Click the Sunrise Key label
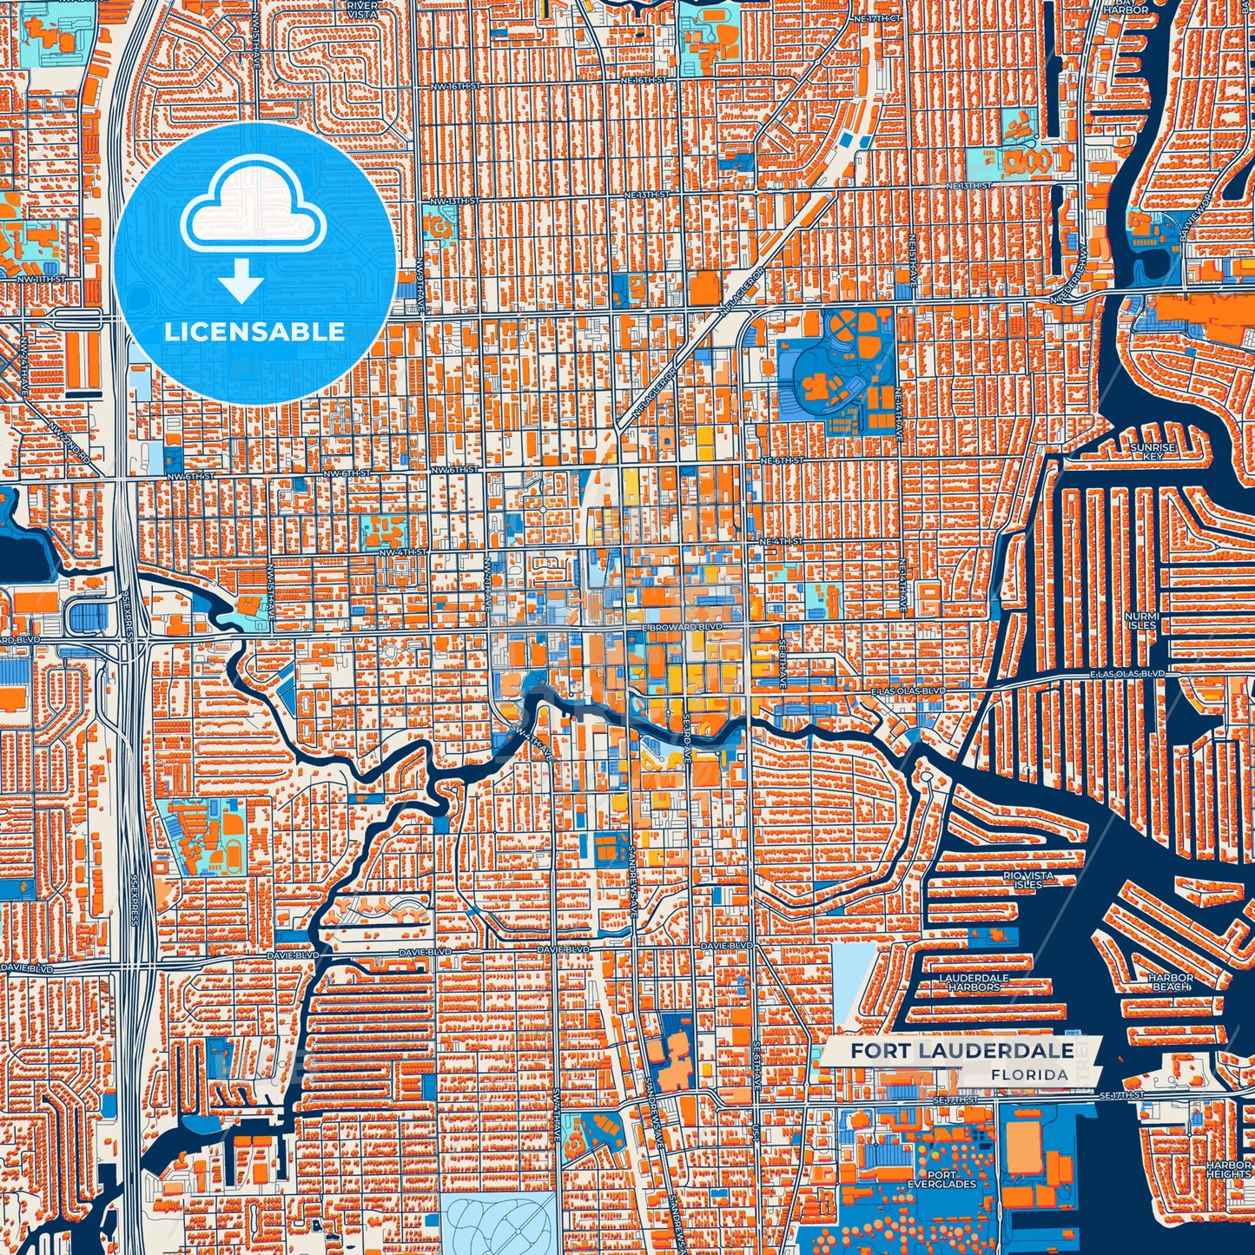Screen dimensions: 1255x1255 (x=1153, y=452)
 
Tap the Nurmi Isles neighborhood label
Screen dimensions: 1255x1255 (x=1141, y=620)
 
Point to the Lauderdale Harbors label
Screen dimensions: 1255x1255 (x=974, y=982)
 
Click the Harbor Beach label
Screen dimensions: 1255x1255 (x=1171, y=982)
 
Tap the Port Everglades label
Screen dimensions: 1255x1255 (x=941, y=1179)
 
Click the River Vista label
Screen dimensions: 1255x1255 (x=362, y=10)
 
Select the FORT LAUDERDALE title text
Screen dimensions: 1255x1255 (x=961, y=1051)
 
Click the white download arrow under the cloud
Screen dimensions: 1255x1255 (x=241, y=282)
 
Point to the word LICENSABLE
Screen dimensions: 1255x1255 (x=254, y=332)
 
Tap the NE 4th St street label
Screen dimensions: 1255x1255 (x=780, y=542)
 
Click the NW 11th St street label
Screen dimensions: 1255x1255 (x=43, y=278)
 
